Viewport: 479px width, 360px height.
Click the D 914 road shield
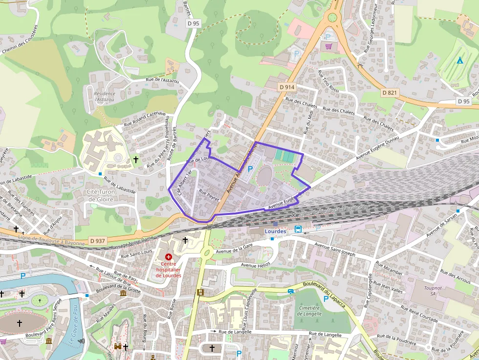coord(287,87)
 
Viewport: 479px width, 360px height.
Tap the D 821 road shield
coord(391,92)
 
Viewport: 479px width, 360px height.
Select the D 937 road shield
coord(98,240)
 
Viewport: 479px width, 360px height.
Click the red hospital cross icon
coord(169,256)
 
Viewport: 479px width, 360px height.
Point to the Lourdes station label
coord(274,231)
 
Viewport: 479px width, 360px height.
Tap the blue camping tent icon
coord(459,61)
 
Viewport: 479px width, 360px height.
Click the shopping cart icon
coord(329,46)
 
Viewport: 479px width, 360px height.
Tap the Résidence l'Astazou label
coord(105,96)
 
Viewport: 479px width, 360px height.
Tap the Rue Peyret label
coord(209,196)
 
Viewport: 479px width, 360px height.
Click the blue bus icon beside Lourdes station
coord(298,229)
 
